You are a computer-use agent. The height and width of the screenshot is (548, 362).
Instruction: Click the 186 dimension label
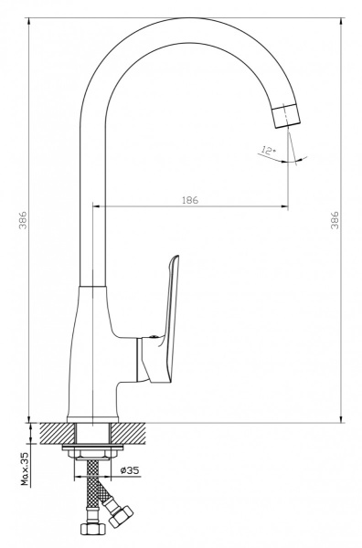(190, 200)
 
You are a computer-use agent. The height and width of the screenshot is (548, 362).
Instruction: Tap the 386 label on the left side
(23, 219)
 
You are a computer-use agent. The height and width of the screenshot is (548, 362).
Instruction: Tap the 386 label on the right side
(335, 219)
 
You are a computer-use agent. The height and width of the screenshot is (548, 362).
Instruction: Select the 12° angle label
(268, 151)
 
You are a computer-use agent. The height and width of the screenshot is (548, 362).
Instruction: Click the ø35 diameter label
(130, 470)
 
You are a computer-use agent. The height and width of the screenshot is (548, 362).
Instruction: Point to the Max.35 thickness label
(25, 469)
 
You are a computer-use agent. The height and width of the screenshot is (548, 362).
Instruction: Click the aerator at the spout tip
(286, 116)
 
